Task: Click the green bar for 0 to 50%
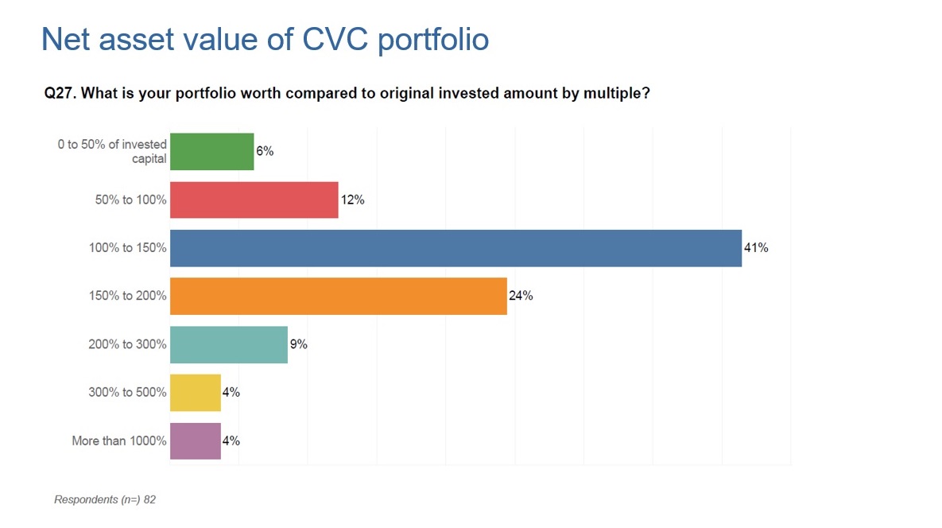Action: point(212,151)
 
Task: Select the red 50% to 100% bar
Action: point(254,200)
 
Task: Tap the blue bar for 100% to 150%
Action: point(455,248)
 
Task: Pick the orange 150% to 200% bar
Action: point(339,296)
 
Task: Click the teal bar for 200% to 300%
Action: point(229,344)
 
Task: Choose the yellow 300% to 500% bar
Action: point(196,392)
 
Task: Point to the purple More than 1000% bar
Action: point(196,441)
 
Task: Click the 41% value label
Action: point(756,248)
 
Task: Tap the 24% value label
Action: point(521,296)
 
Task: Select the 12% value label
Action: point(353,200)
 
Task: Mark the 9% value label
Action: point(299,344)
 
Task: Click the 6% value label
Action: point(265,151)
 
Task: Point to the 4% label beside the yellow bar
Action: point(231,392)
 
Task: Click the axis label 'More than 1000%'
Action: point(119,441)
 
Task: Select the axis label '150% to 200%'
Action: point(127,296)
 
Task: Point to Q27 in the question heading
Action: point(59,94)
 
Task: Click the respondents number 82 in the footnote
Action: point(149,499)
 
